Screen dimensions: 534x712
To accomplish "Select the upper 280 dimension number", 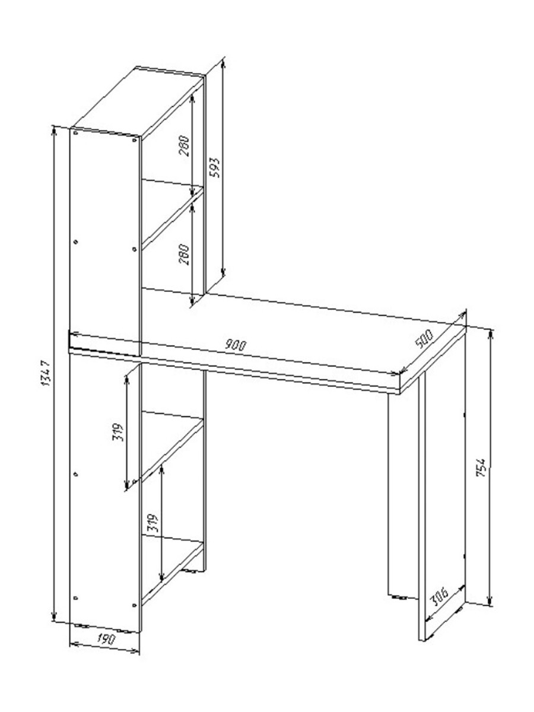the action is [184, 146].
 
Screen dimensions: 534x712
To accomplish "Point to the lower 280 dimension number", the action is [184, 255].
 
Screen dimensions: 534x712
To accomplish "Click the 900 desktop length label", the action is [236, 345].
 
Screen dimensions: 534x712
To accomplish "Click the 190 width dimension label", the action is [106, 639].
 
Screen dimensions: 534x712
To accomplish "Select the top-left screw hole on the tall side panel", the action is [76, 133].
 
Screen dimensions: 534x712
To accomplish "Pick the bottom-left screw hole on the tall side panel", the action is [75, 597].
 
